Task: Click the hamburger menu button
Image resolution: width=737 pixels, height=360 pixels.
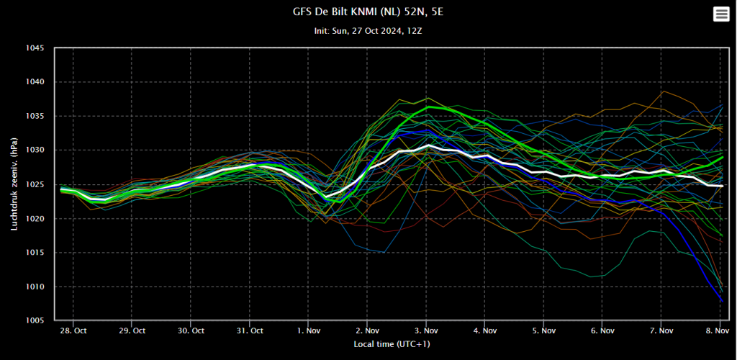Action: (x=720, y=14)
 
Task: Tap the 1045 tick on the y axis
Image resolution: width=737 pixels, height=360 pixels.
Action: (x=34, y=49)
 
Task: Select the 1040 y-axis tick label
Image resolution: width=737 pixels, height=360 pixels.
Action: (x=34, y=82)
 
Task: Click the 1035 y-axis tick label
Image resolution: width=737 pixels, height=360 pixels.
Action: (x=34, y=117)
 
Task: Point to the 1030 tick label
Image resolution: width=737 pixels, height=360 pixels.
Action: (x=34, y=150)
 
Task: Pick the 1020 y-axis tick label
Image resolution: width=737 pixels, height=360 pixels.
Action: (x=34, y=219)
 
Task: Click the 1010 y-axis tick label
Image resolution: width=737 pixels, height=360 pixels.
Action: (x=34, y=287)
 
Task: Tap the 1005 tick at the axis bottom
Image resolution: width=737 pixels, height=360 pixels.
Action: (x=34, y=321)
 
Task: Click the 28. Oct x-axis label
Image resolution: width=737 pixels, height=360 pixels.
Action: (x=72, y=332)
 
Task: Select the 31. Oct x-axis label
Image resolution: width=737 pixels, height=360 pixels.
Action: (x=249, y=332)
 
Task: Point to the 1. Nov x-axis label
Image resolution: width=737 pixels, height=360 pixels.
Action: (x=308, y=332)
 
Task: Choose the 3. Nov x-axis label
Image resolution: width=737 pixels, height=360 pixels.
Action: (x=426, y=332)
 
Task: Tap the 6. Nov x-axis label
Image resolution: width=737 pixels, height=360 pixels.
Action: (x=603, y=332)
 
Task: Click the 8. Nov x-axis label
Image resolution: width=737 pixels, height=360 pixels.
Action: (x=720, y=332)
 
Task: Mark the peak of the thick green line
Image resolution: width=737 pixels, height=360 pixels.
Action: (x=430, y=107)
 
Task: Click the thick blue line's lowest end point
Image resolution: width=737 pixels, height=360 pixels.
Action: (x=722, y=301)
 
